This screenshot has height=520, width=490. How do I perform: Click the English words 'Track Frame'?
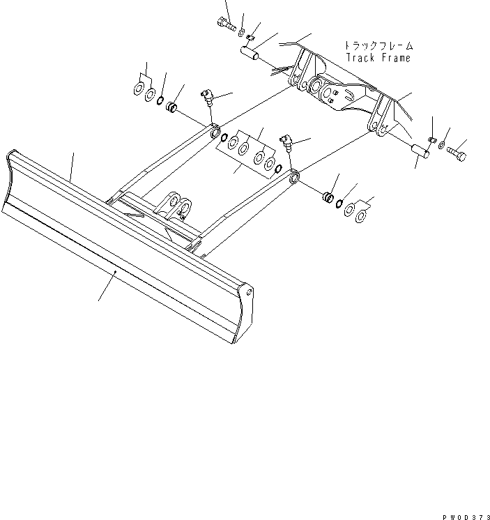(378, 58)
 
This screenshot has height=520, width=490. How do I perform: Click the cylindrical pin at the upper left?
(251, 54)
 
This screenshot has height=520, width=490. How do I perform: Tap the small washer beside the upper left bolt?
(241, 33)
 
